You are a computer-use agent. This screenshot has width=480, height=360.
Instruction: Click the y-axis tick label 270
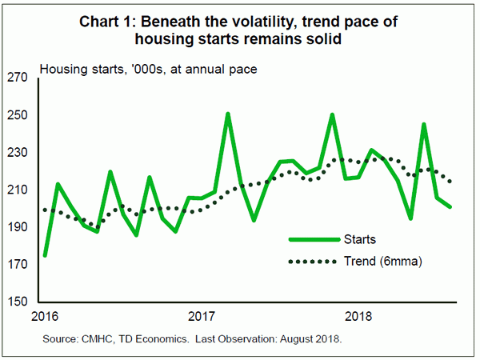(x=18, y=78)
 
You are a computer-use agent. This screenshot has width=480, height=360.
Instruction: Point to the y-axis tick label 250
(x=18, y=115)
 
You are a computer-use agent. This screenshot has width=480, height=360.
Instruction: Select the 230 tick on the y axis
(x=18, y=153)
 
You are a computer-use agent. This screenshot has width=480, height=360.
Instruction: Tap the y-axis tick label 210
(x=18, y=190)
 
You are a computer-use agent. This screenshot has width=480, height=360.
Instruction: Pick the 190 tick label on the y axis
(x=18, y=228)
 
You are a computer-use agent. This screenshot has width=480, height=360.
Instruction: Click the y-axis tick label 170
(x=18, y=266)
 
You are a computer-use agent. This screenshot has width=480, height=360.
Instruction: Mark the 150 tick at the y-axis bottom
(x=18, y=303)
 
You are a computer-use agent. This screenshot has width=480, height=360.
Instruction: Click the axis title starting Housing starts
(x=148, y=69)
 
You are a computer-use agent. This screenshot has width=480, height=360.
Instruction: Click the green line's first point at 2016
(x=45, y=255)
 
